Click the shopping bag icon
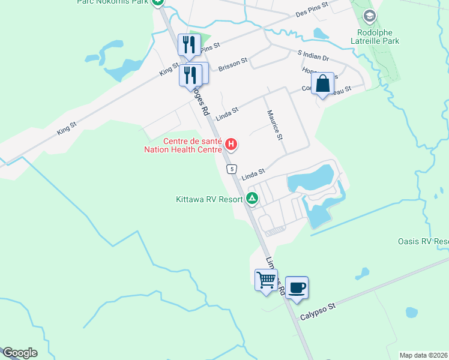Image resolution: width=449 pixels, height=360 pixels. (x=323, y=85)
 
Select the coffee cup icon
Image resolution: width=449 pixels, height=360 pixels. (x=297, y=287)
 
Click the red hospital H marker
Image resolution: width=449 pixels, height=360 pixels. (x=231, y=145)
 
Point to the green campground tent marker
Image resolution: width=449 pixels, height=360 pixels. (x=252, y=199)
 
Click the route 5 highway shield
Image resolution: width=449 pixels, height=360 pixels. (x=232, y=170)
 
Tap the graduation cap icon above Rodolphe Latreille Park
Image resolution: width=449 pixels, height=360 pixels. (x=370, y=16)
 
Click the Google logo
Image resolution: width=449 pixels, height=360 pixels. (x=20, y=352)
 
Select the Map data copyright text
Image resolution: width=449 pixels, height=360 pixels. (x=424, y=355)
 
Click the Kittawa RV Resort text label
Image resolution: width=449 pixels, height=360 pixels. (x=209, y=199)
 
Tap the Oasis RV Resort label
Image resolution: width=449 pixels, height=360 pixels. (x=423, y=242)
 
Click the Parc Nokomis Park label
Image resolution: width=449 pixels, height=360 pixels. (x=113, y=2)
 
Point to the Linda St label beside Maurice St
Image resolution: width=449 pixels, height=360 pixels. (x=227, y=112)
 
